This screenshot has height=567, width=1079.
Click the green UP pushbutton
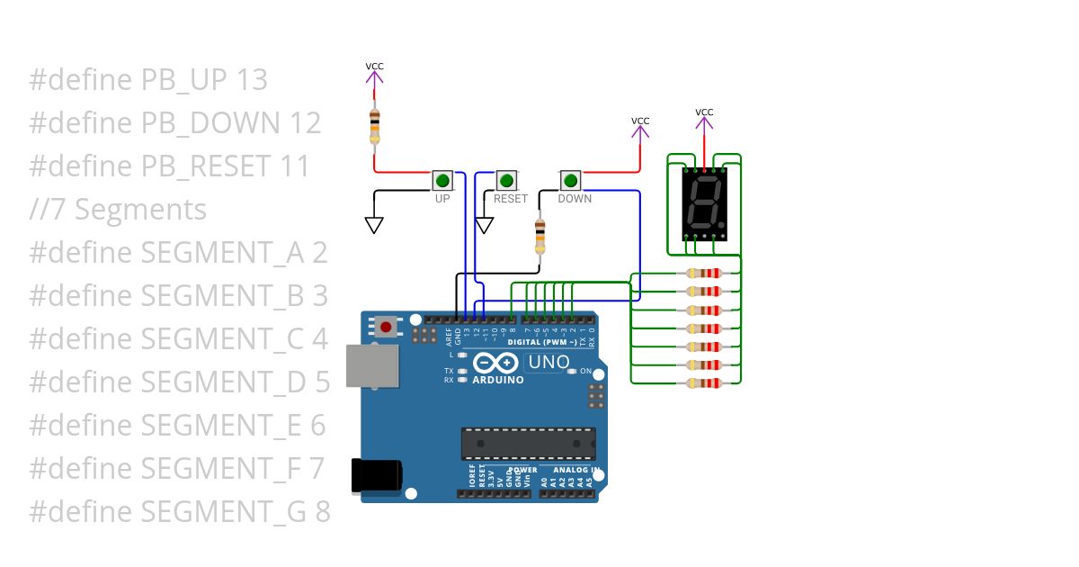(442, 180)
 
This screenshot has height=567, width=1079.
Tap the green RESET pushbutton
(507, 180)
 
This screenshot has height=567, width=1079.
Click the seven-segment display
(704, 202)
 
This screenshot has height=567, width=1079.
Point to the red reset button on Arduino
(387, 327)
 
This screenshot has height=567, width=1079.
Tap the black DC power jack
(376, 475)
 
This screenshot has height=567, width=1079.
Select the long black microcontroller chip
(528, 442)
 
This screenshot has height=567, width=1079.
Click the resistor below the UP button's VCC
(374, 126)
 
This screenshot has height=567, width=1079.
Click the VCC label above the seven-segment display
(704, 112)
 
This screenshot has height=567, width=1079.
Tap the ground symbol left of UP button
(374, 224)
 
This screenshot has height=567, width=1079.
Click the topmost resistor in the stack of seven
(703, 274)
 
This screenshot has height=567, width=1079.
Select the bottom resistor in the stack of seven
(703, 383)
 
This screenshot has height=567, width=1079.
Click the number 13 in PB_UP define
(251, 80)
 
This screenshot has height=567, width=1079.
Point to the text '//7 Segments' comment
(118, 210)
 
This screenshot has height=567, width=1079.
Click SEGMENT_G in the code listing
(226, 512)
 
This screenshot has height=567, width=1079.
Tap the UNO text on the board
(548, 362)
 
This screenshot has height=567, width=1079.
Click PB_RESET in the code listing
(206, 166)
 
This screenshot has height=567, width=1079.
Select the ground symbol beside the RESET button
(485, 224)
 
